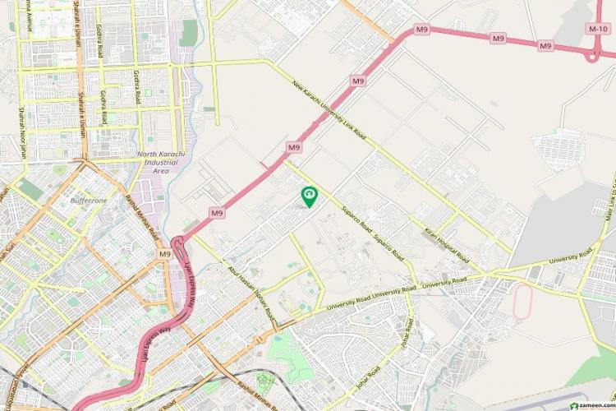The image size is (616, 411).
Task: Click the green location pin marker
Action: point(310,196)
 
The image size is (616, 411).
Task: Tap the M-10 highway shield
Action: point(597,28)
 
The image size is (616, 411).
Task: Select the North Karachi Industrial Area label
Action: point(162,162)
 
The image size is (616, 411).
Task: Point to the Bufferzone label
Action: point(90,200)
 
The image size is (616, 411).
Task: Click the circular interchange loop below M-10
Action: point(594,56)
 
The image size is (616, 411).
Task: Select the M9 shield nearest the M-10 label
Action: point(545,45)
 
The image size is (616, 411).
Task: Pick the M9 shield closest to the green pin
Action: point(294,147)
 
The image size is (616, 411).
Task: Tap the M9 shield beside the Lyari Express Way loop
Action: point(165,255)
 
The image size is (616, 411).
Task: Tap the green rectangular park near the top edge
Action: point(190,32)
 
